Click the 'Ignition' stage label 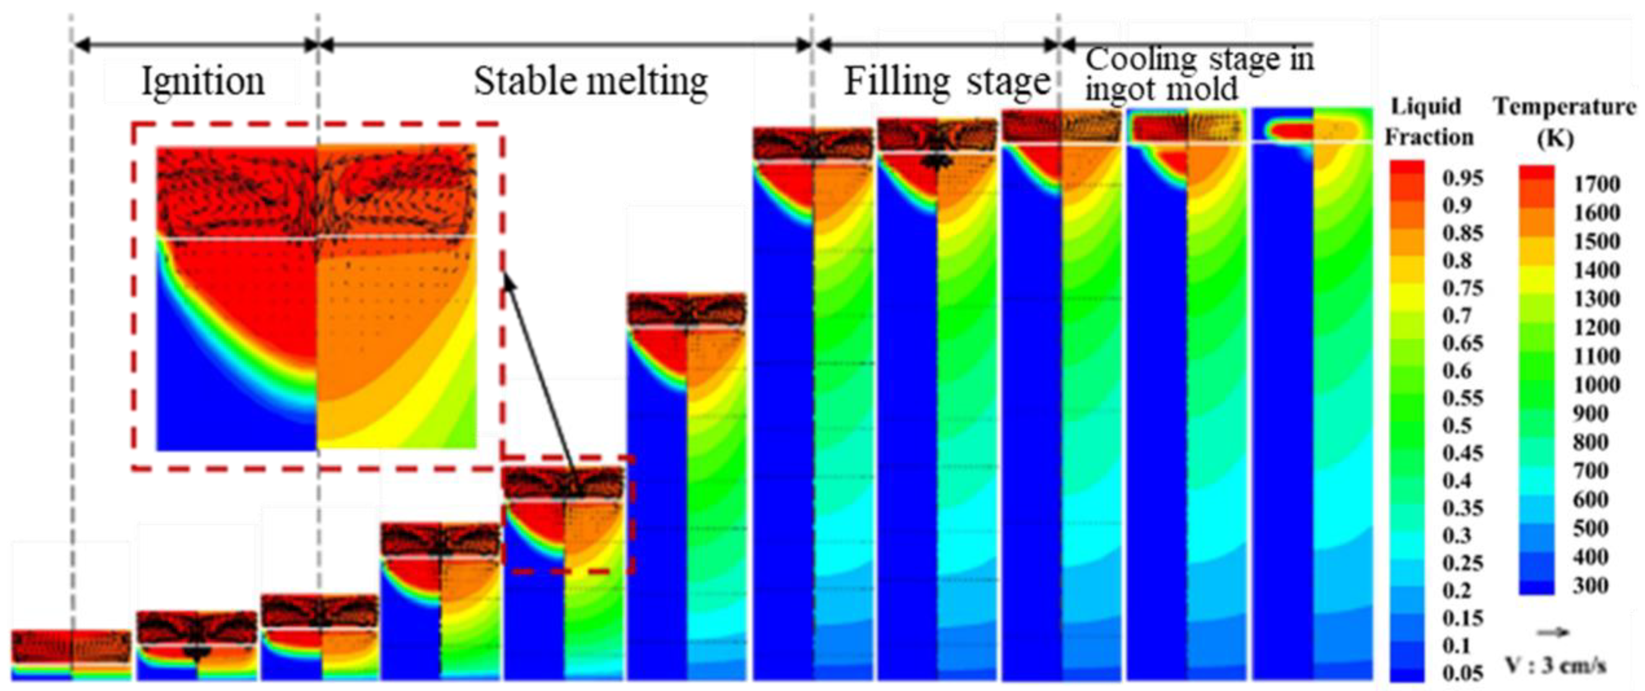point(203,81)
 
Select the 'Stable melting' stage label point(591,81)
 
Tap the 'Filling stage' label point(947,81)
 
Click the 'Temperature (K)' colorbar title point(1564,121)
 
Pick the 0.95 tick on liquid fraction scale point(1462,178)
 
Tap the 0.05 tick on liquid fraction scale point(1462,673)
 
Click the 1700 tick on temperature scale point(1596,184)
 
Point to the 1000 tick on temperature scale point(1596,385)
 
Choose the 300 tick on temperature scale point(1591,585)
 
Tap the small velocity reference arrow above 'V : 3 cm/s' point(1553,632)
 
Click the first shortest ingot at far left point(71,654)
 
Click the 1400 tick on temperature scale point(1596,270)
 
